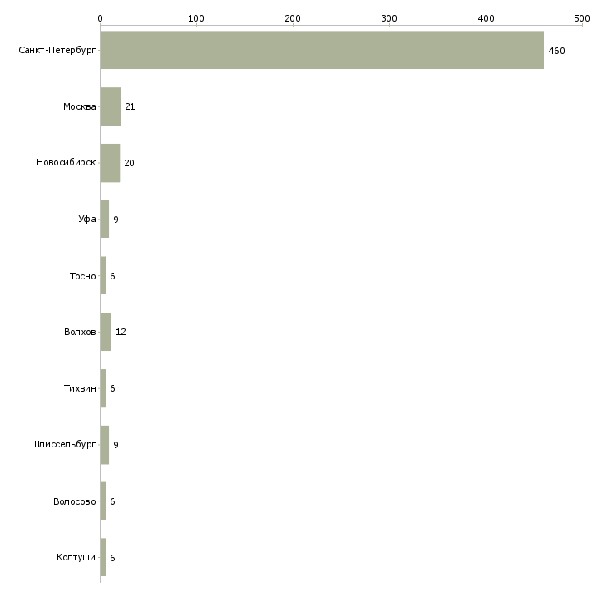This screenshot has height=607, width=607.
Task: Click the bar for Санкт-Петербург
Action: tap(322, 50)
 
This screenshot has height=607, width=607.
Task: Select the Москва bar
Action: tap(111, 106)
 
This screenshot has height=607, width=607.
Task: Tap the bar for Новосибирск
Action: tap(110, 163)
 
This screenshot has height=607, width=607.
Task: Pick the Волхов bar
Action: tap(106, 332)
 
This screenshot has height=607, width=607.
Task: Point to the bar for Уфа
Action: tap(105, 220)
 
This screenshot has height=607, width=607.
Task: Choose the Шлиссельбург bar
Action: tap(105, 445)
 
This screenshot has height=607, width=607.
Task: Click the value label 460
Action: tap(556, 51)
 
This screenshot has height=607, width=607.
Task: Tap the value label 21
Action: tap(130, 106)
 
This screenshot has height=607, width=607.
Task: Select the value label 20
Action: tap(129, 163)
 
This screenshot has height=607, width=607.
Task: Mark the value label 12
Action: tap(121, 332)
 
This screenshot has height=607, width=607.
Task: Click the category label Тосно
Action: tap(83, 276)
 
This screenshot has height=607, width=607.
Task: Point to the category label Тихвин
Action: tap(80, 388)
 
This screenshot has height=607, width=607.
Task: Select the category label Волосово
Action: tap(74, 501)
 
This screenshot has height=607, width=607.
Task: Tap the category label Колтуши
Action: tap(76, 557)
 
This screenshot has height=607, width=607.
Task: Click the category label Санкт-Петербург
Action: tap(57, 50)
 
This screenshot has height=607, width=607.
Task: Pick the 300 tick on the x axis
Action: tap(389, 18)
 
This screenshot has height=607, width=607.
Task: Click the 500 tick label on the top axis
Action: tap(582, 18)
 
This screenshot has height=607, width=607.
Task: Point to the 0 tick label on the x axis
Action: tap(101, 18)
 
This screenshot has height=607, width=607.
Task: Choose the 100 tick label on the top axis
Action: tap(196, 18)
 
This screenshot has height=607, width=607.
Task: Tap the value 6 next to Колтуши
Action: tap(112, 558)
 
